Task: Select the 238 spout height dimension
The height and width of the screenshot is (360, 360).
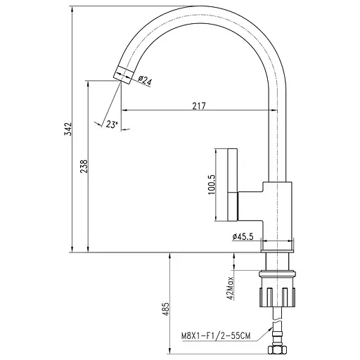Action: coord(84,167)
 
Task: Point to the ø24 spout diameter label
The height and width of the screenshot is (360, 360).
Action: coord(144,82)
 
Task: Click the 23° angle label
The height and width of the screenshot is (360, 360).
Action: coord(110,124)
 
